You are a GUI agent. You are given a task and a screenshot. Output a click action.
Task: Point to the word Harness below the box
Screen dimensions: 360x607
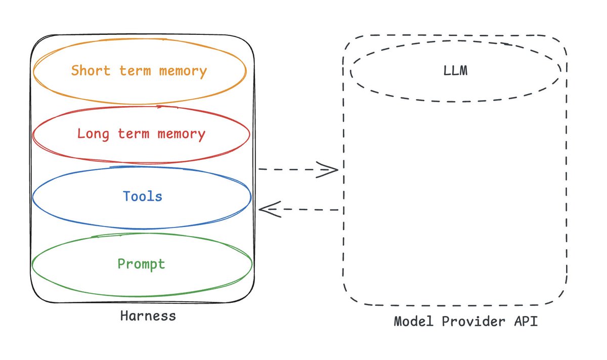(148, 317)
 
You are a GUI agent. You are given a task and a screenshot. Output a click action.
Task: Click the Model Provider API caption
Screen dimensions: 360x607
(465, 322)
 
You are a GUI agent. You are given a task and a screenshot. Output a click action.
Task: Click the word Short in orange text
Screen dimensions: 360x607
(91, 70)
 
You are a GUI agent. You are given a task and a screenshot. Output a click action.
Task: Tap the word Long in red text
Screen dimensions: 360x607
(93, 134)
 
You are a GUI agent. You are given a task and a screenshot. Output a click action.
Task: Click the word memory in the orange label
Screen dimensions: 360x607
(183, 70)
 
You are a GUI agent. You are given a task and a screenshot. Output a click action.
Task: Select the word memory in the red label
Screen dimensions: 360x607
(182, 134)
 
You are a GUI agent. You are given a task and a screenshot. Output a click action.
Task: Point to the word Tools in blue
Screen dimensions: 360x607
(143, 196)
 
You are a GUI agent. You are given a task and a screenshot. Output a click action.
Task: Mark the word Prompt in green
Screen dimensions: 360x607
(141, 264)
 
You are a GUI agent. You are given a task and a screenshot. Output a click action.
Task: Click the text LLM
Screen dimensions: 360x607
(455, 71)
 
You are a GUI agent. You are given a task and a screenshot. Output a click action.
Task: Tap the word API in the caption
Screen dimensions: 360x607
(527, 322)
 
